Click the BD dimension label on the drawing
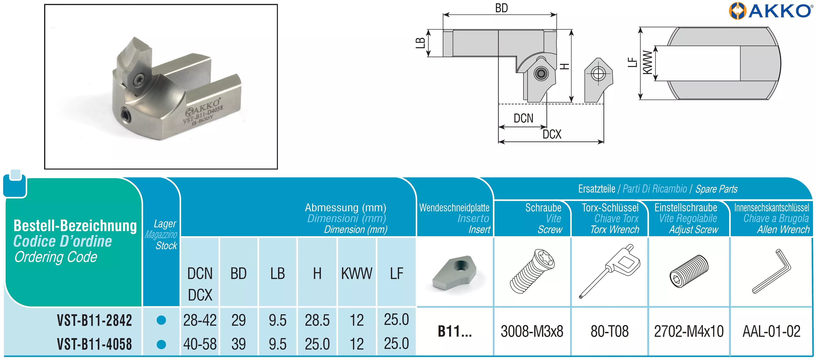[x=501, y=8]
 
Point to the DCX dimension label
[x=552, y=134]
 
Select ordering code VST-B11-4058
[x=94, y=344]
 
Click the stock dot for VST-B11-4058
[x=161, y=344]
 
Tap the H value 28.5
[x=317, y=320]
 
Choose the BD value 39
[x=238, y=344]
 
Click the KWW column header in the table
[x=357, y=274]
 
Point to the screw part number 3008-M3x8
[x=532, y=332]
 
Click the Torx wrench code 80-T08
[x=610, y=332]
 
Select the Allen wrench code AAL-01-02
[x=771, y=332]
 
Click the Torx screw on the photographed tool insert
[x=139, y=79]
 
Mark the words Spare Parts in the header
[x=716, y=189]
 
